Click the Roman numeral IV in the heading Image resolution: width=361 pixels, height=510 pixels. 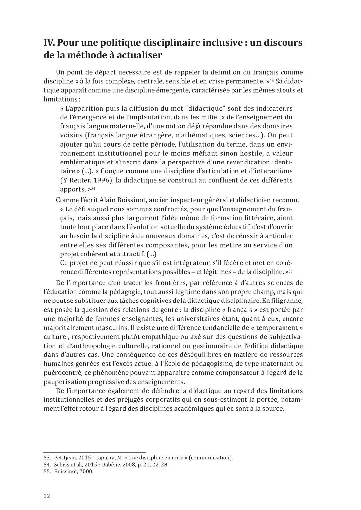pyautogui.click(x=49, y=43)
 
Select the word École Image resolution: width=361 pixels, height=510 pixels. pyautogui.click(x=161, y=364)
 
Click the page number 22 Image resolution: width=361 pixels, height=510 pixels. pyautogui.click(x=47, y=496)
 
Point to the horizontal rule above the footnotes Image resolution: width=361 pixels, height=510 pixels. pyautogui.click(x=95, y=452)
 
